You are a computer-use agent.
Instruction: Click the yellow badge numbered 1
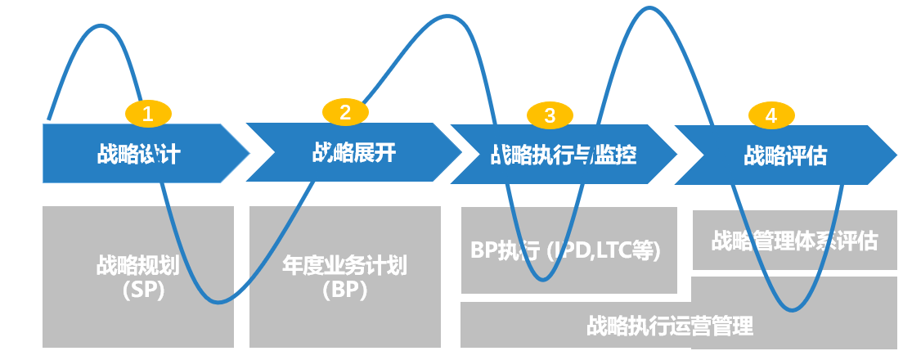148,115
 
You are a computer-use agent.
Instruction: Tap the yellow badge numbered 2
345,112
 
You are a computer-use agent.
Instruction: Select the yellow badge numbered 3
550,116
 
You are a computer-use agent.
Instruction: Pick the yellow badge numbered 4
770,116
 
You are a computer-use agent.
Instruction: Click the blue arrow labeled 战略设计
138,154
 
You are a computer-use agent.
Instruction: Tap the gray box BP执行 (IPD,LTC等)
568,250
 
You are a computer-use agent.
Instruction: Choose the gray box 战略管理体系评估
794,241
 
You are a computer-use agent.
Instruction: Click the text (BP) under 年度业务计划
344,290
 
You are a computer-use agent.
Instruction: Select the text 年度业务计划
344,266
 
